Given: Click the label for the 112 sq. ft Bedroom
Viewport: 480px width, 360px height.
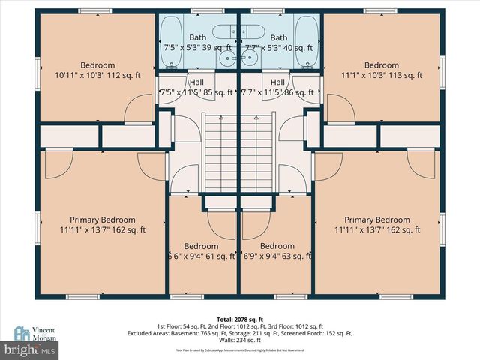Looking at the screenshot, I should coord(97,70).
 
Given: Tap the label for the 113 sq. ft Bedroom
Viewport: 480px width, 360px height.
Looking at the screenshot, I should coord(381,70).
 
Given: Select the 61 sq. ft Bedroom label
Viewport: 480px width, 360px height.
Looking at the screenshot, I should coord(200,251).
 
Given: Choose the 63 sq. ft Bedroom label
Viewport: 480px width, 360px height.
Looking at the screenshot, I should coord(277,251).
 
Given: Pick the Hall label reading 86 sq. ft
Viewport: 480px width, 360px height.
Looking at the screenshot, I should coord(277,88).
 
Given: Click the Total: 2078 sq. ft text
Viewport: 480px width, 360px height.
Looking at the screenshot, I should coord(240,319).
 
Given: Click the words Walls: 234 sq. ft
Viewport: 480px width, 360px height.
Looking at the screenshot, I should coord(240,339).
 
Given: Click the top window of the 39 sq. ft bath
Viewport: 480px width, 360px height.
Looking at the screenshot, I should coord(202,11).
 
